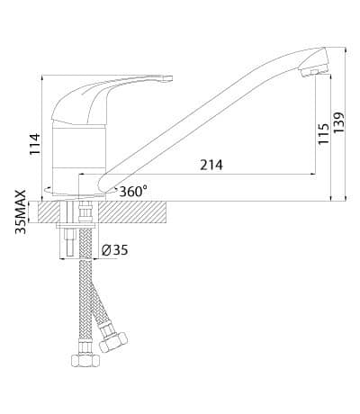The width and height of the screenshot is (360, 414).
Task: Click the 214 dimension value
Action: [211, 165]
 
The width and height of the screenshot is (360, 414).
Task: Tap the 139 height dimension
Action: [338, 123]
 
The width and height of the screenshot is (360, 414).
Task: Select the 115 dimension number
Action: [323, 133]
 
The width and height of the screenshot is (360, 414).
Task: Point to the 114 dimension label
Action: [35, 144]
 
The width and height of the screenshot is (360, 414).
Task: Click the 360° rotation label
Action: [133, 191]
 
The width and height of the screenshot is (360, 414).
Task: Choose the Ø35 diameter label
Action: [114, 250]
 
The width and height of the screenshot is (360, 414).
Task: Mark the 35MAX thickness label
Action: [21, 212]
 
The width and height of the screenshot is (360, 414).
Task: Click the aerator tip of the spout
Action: [314, 72]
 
